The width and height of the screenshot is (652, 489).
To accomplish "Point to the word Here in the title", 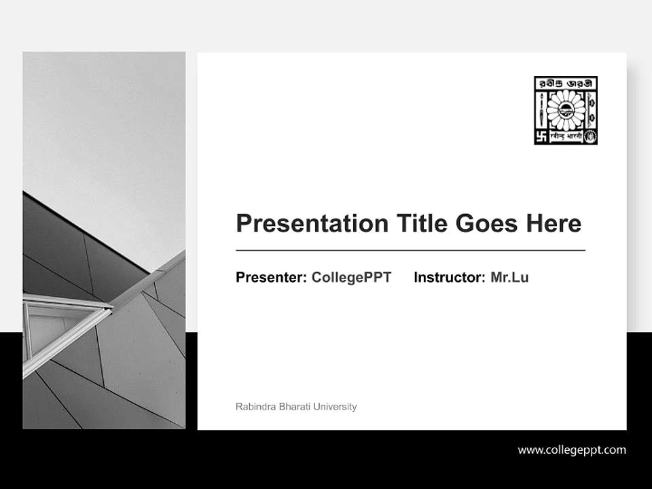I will click(555, 223).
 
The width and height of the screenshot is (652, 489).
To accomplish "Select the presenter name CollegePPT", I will click(351, 277).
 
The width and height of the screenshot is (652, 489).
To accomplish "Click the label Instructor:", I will click(450, 277).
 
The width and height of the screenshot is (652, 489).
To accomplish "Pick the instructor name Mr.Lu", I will click(509, 277).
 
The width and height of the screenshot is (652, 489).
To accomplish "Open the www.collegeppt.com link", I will click(572, 450).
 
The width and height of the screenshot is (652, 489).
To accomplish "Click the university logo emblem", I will click(566, 110).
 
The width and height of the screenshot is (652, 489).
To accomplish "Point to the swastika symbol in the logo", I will click(541, 136).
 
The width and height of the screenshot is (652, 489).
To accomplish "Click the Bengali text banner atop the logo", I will click(566, 83).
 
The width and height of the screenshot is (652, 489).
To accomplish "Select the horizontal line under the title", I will click(410, 251).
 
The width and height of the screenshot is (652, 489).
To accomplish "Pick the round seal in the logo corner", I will click(591, 136).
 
